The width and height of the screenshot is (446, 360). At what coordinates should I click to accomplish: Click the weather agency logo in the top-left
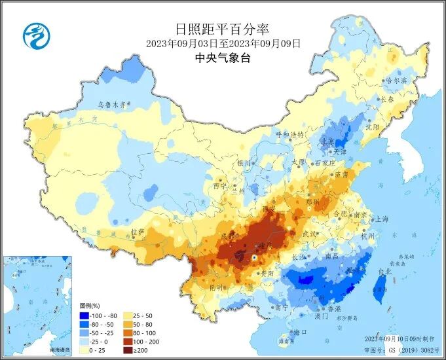tap(37, 35)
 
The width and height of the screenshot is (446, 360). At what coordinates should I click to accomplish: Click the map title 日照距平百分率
tap(222, 29)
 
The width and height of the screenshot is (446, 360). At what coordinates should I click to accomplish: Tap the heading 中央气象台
tap(223, 58)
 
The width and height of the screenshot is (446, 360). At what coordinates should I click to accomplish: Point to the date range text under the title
tap(223, 44)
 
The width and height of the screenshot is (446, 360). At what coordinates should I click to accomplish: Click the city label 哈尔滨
tap(396, 81)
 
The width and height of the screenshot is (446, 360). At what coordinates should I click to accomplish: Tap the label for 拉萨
tap(137, 232)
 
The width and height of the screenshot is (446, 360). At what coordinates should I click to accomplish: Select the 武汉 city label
tap(309, 234)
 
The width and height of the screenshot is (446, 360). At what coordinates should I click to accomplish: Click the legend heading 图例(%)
tap(90, 306)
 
